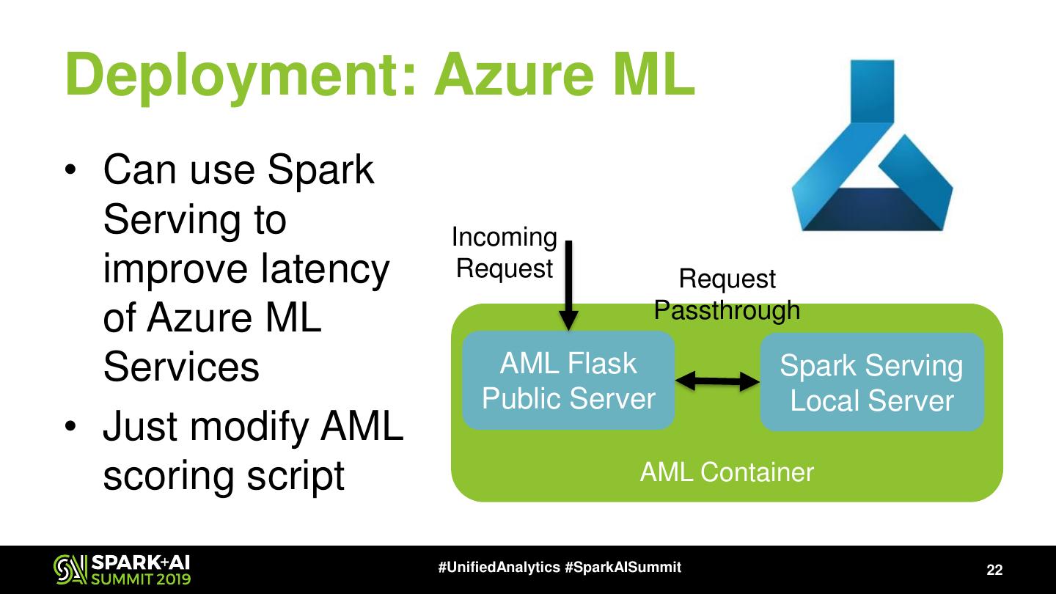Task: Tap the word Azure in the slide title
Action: (515, 76)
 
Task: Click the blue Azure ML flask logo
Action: (872, 145)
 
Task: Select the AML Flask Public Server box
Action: (568, 380)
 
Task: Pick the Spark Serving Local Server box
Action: (872, 382)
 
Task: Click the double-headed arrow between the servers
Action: (717, 381)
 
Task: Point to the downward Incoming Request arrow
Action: (568, 286)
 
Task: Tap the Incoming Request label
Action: (505, 253)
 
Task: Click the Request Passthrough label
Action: (727, 294)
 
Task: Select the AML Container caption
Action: (727, 472)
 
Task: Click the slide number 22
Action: (994, 570)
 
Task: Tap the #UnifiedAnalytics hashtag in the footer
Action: (499, 567)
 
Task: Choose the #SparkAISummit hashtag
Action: (623, 567)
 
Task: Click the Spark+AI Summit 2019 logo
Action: (122, 570)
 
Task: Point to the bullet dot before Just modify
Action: (70, 426)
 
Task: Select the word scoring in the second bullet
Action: (169, 477)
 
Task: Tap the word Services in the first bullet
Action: (181, 367)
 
